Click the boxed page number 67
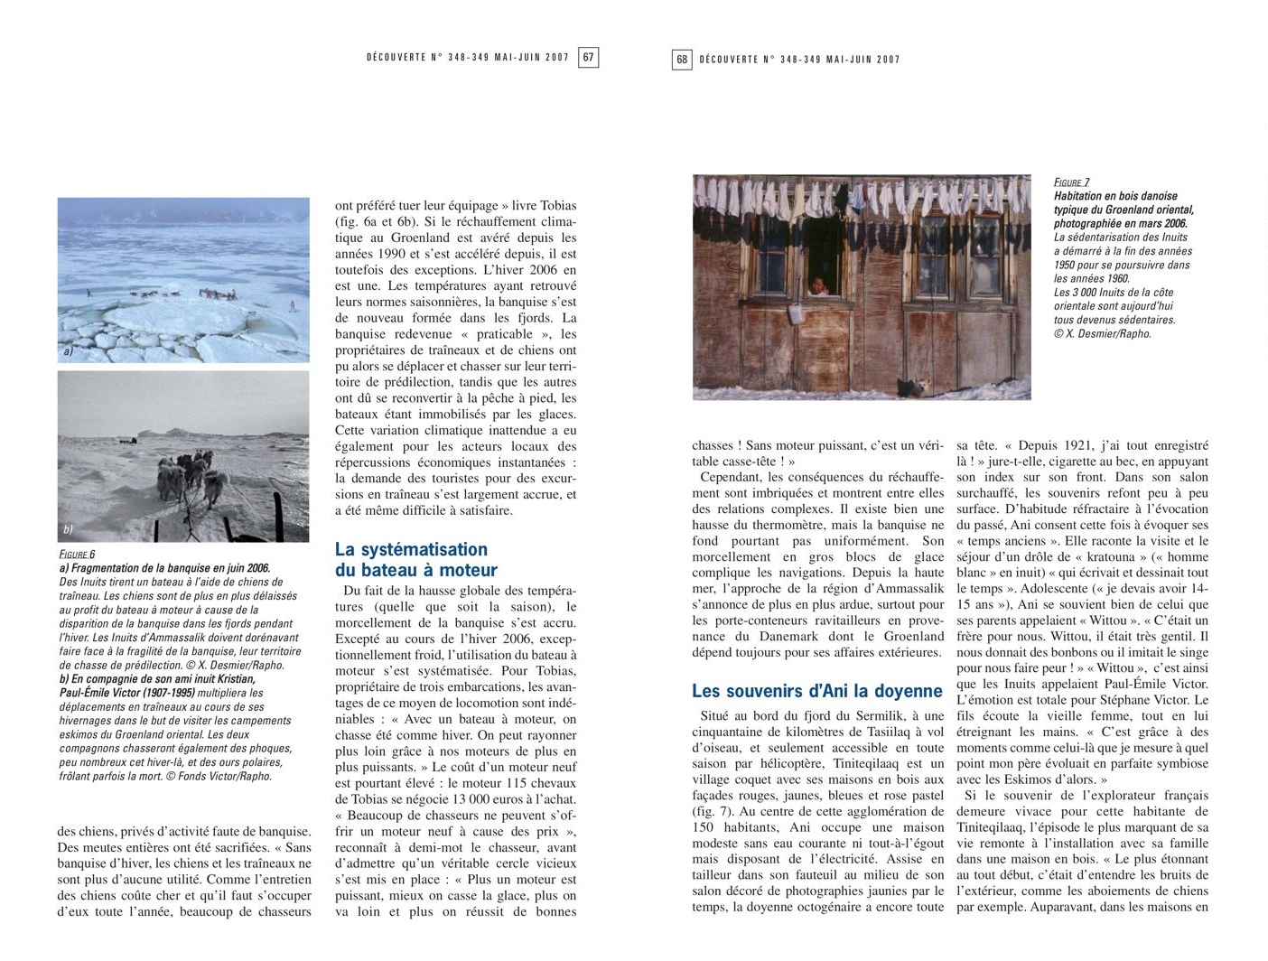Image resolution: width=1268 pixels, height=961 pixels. (x=588, y=58)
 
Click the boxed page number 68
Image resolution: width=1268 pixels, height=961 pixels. (x=682, y=60)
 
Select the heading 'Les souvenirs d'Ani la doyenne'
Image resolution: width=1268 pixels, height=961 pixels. (x=817, y=691)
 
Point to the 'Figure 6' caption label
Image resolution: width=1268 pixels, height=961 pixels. (x=77, y=555)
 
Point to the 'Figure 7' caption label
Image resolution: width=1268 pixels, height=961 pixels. (x=1072, y=182)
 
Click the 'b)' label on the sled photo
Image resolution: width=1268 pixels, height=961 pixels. (x=68, y=529)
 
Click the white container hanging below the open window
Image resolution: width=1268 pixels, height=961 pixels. (x=797, y=313)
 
